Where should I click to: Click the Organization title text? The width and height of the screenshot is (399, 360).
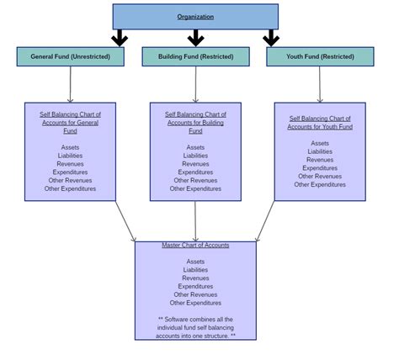195,17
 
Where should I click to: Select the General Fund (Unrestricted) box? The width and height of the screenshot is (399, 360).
71,56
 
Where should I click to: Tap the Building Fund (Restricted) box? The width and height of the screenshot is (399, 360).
195,56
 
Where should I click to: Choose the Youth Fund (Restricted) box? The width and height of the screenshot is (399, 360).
320,56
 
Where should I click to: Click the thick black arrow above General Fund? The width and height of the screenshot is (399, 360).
120,38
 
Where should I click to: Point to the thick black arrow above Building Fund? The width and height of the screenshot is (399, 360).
195,38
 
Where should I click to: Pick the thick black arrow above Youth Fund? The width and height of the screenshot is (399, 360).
271,38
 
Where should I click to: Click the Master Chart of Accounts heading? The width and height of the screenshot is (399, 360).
195,246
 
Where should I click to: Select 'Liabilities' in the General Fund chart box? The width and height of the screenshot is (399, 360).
70,156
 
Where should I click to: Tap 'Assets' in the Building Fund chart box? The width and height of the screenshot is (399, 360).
195,147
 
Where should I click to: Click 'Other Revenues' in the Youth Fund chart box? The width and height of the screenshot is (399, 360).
320,177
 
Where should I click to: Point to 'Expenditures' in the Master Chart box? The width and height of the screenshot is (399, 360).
195,286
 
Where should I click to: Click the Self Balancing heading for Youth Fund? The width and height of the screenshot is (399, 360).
320,123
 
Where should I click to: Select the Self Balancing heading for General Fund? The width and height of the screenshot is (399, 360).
70,123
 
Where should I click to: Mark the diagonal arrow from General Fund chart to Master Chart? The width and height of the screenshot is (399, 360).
125,221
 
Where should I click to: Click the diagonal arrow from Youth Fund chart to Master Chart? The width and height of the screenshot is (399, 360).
265,221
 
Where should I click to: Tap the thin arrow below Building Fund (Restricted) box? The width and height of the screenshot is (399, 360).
195,84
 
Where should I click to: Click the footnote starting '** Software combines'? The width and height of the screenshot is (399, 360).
195,327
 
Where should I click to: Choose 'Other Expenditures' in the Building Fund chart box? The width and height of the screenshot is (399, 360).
195,188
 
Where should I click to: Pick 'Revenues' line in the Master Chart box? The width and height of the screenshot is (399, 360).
195,278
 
